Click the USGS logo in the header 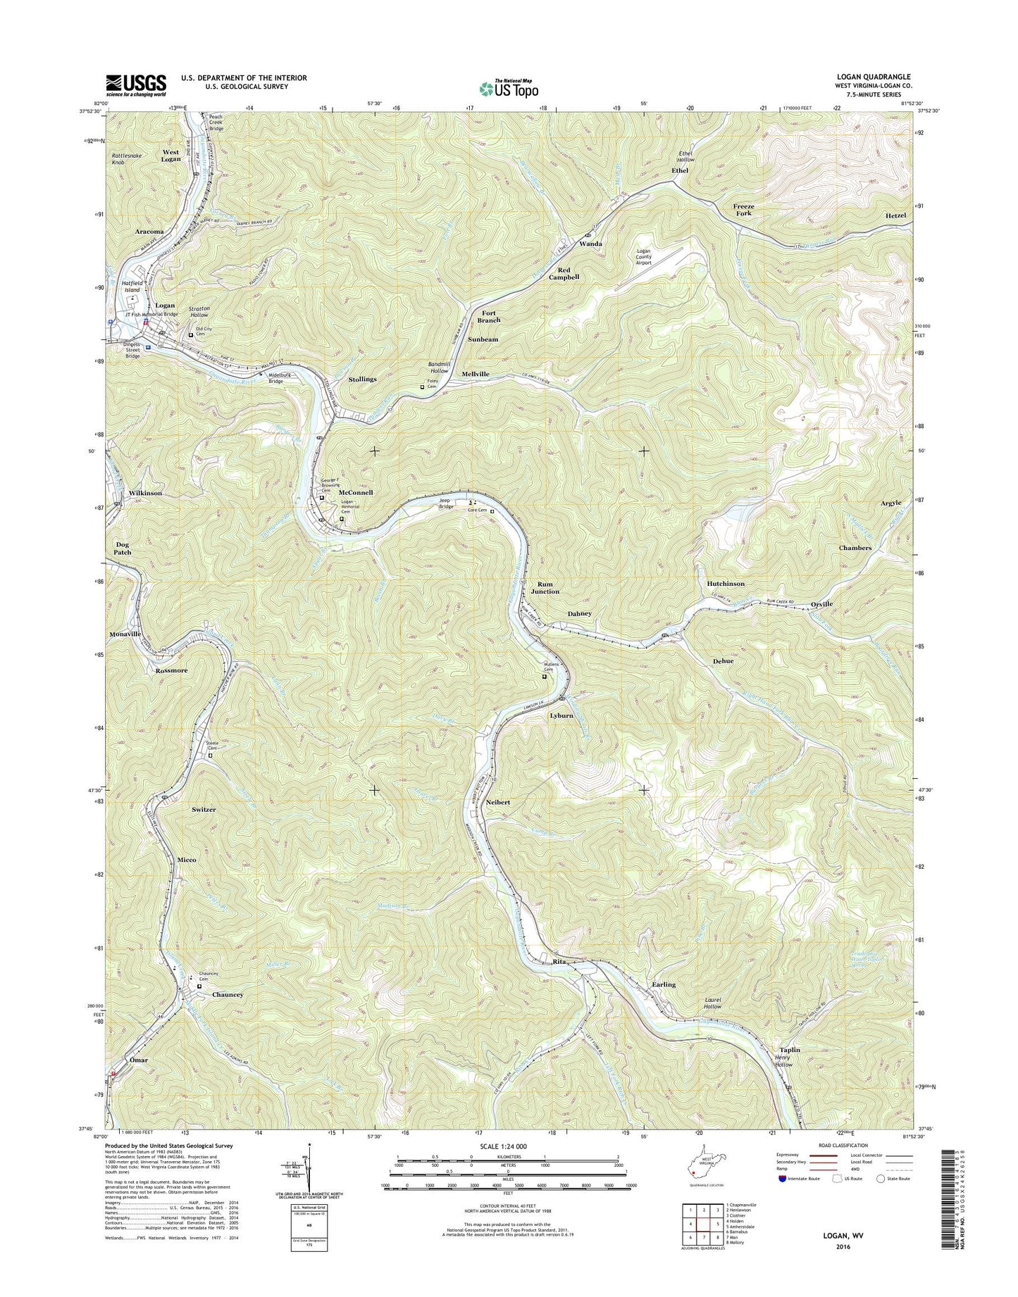coord(136,84)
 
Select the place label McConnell coord(355,493)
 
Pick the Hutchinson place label coord(725,584)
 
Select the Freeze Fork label coord(743,209)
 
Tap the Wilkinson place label coord(145,493)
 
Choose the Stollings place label coord(362,379)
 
